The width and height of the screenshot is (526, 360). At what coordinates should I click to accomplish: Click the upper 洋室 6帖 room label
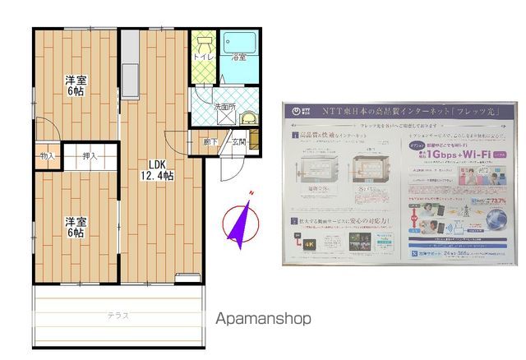pyautogui.click(x=76, y=86)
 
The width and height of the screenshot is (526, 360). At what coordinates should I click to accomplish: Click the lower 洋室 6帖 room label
pyautogui.click(x=76, y=226)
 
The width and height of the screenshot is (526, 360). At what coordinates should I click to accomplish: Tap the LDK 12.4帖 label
pyautogui.click(x=156, y=169)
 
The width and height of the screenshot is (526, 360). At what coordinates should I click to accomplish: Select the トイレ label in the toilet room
pyautogui.click(x=203, y=58)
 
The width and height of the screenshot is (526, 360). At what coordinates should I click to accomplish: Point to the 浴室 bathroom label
pyautogui.click(x=238, y=58)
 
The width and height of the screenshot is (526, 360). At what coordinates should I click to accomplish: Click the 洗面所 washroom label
pyautogui.click(x=224, y=106)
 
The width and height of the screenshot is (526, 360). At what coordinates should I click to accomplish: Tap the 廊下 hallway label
pyautogui.click(x=210, y=141)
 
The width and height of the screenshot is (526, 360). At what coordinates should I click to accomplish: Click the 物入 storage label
pyautogui.click(x=47, y=155)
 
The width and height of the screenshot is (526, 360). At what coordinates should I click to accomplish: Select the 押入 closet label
pyautogui.click(x=89, y=155)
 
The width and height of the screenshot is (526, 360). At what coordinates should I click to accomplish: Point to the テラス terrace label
pyautogui.click(x=118, y=316)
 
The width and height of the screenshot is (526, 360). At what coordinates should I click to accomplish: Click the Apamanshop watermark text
pyautogui.click(x=263, y=319)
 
